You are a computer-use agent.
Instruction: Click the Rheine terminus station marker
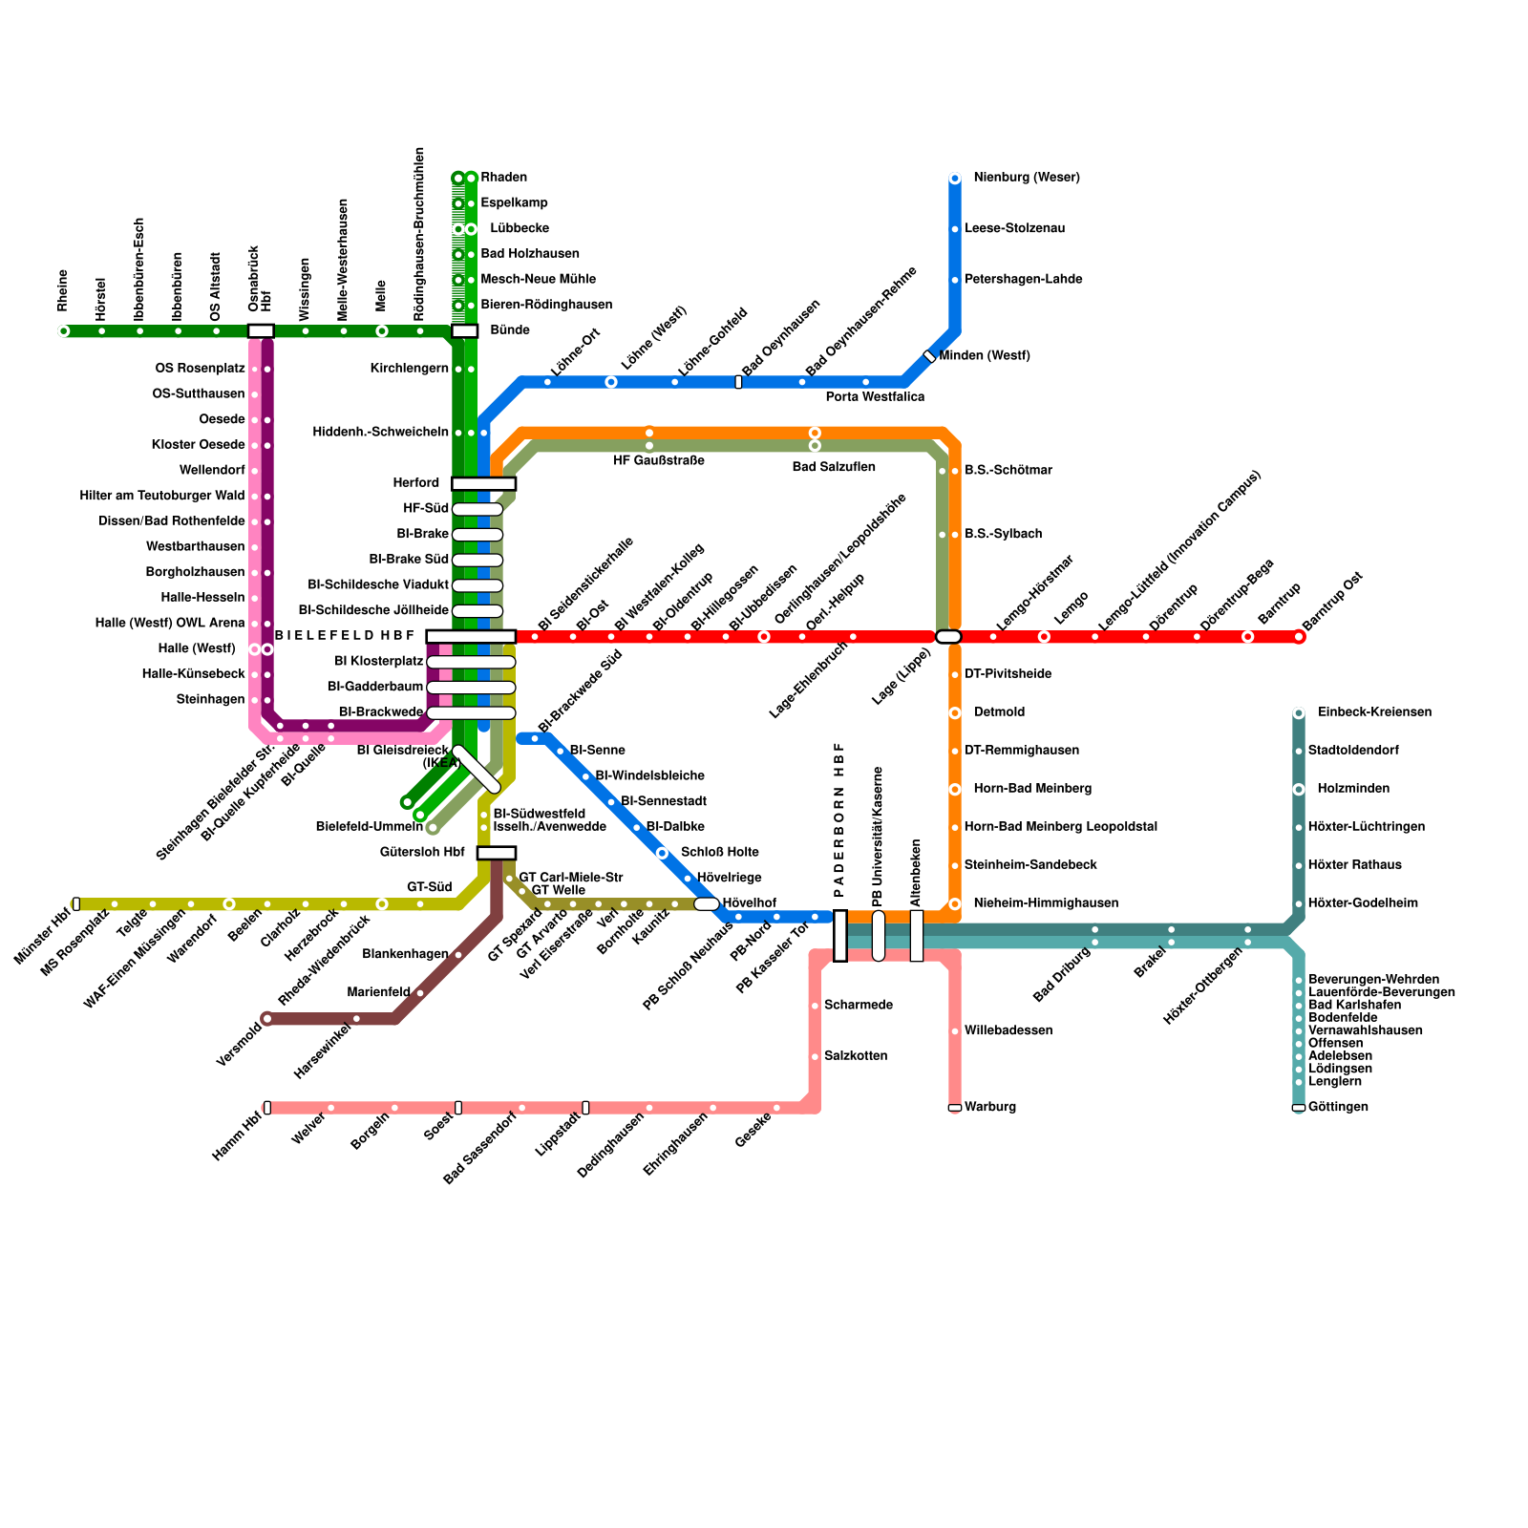point(63,331)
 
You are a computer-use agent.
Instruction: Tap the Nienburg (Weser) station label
point(1026,178)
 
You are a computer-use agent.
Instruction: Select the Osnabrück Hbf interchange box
point(261,331)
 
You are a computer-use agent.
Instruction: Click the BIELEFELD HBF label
point(345,636)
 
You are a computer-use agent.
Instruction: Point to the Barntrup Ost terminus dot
point(1299,637)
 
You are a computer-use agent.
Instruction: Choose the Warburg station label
point(990,1108)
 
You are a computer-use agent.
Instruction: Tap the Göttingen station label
point(1338,1108)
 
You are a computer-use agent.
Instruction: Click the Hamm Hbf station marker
point(267,1108)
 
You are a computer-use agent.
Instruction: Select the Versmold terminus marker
point(267,1019)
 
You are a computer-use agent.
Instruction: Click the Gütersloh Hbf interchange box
point(497,853)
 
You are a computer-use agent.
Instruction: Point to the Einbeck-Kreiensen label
point(1373,712)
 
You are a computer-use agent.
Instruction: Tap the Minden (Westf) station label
point(984,356)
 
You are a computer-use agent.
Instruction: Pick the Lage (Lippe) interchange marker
point(948,637)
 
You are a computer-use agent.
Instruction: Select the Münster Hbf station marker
point(76,904)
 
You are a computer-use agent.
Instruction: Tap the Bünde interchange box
point(465,331)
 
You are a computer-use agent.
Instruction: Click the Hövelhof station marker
point(707,904)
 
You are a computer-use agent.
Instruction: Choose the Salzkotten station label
point(856,1056)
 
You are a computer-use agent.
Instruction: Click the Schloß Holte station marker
point(662,853)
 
